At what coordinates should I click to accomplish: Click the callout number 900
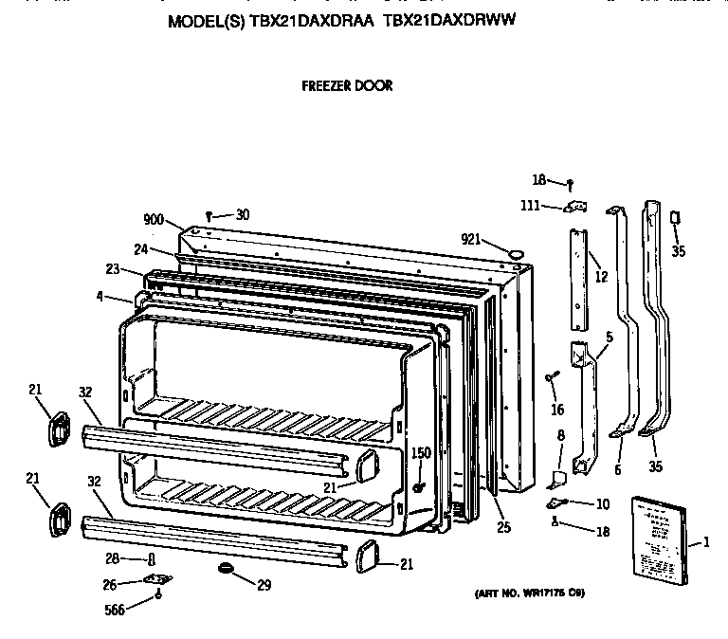pos(154,220)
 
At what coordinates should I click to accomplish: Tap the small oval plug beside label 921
pos(517,253)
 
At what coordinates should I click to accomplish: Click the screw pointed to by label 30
pos(208,216)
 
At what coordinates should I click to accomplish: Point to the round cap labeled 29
pos(226,568)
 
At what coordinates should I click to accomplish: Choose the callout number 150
pos(420,453)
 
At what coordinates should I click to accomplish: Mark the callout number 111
pos(530,206)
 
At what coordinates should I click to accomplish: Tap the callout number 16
pos(556,410)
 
